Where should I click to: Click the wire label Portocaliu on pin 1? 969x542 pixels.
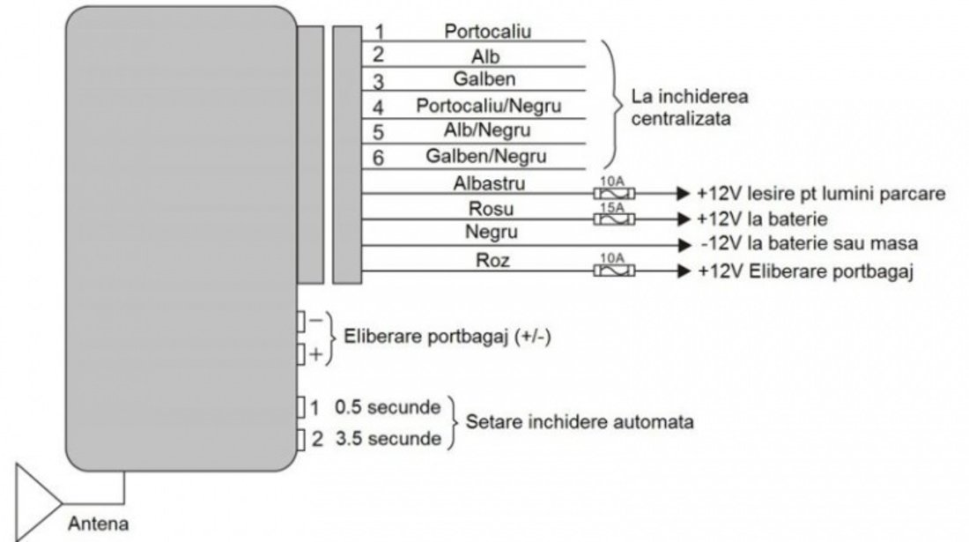[488, 31]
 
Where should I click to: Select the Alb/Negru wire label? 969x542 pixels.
[487, 130]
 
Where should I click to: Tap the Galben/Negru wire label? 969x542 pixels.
[486, 156]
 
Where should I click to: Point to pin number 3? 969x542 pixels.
[378, 81]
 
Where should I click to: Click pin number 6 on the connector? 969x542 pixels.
[378, 158]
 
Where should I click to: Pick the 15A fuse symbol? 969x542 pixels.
[614, 219]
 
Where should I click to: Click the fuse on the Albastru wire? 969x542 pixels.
[614, 193]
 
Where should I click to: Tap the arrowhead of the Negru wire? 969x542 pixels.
[684, 245]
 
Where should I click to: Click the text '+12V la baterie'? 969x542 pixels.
[762, 219]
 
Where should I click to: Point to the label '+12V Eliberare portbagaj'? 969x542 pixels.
[805, 271]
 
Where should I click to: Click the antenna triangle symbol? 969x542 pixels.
[38, 502]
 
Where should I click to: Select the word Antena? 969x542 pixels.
[99, 523]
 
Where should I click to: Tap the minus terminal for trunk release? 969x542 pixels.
[301, 322]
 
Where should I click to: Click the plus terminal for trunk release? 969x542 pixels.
[301, 355]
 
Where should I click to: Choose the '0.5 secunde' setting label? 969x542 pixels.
[388, 407]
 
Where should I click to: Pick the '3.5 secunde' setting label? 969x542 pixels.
[388, 439]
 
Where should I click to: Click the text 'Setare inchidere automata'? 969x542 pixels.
[579, 422]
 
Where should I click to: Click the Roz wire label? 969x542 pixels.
[492, 260]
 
